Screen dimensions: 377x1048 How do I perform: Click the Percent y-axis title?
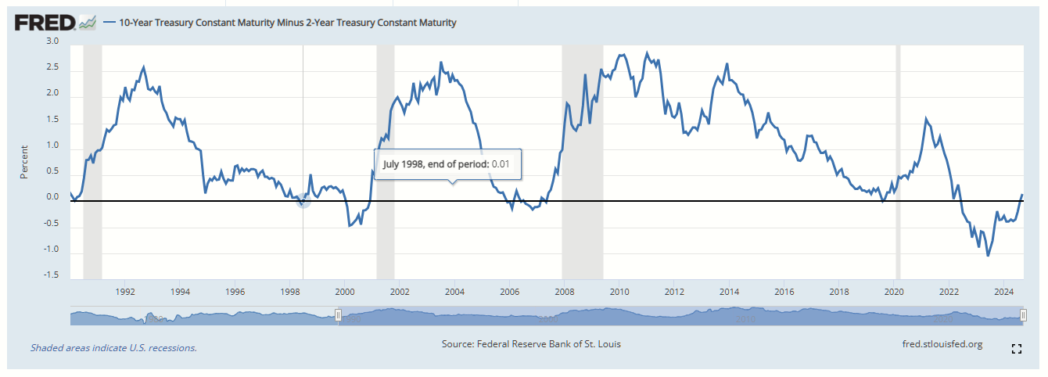(x=23, y=161)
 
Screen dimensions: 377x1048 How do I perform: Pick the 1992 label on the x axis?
(x=125, y=293)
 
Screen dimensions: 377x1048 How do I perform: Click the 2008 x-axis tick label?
(x=565, y=293)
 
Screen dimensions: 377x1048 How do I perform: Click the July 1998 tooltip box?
(x=446, y=164)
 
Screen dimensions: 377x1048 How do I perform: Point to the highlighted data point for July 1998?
(x=303, y=201)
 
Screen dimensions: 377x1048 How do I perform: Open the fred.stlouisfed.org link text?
(x=942, y=344)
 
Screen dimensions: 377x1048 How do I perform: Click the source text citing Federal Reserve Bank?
(x=532, y=344)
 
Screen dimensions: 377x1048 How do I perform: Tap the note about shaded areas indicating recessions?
(x=113, y=348)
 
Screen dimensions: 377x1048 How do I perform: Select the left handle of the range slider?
(x=338, y=316)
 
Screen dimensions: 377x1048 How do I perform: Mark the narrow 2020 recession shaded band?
(x=898, y=156)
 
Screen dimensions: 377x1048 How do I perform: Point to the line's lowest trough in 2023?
(x=988, y=255)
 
